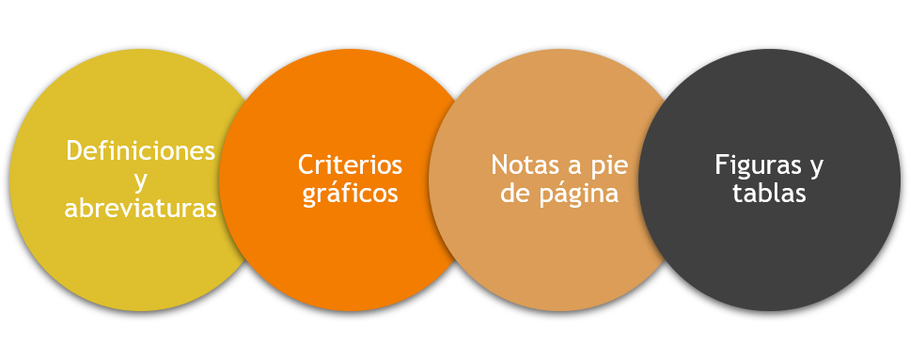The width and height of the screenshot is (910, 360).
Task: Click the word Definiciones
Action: tap(141, 150)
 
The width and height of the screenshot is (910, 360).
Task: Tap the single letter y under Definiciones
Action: tap(141, 180)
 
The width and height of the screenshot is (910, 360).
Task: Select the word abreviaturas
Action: tap(141, 209)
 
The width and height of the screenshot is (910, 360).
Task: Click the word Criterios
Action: tap(350, 164)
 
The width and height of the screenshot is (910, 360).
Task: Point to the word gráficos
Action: tap(350, 195)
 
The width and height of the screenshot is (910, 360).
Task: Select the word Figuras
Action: tap(755, 164)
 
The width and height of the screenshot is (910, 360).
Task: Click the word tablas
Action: tap(769, 194)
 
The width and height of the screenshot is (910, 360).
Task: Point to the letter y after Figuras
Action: tap(815, 167)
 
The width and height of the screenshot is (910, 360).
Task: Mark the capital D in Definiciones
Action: tap(75, 150)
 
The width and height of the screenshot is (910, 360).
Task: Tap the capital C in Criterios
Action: tap(306, 164)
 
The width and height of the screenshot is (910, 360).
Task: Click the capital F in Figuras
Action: tap(721, 164)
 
